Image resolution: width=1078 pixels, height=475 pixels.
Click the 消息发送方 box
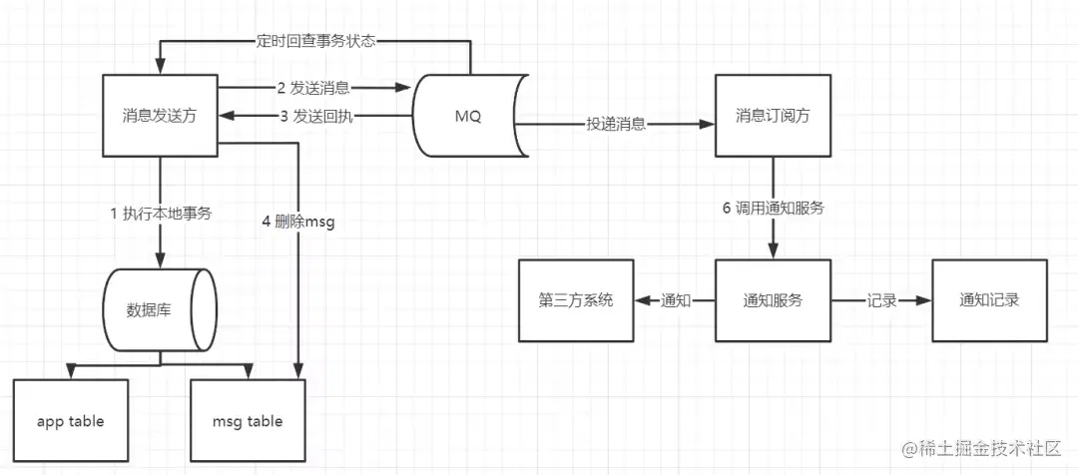tap(161, 115)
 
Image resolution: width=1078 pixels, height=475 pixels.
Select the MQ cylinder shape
tap(467, 116)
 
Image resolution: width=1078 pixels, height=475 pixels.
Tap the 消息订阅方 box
tap(772, 115)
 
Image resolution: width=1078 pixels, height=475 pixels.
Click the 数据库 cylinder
tap(158, 309)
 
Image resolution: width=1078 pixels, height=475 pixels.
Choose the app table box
tap(71, 420)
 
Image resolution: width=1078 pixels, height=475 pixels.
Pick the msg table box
tap(249, 420)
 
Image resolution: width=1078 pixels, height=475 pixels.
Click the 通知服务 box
tap(773, 300)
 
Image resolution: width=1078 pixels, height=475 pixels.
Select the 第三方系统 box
tap(575, 300)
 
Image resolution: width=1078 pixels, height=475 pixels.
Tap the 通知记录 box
tap(988, 300)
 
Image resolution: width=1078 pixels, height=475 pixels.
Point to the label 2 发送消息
tap(314, 88)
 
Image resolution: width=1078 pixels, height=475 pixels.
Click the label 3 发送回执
tap(314, 116)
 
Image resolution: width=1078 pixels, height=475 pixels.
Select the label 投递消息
tap(616, 125)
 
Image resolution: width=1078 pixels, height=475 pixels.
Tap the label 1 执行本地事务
tap(161, 213)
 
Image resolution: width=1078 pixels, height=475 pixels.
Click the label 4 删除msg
tap(298, 222)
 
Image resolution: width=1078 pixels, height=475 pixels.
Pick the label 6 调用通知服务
tap(773, 209)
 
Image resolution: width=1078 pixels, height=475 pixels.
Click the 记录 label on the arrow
tap(881, 300)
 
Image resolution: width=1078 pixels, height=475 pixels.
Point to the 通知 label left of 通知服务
tap(675, 300)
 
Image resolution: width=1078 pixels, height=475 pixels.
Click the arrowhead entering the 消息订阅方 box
tap(709, 125)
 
